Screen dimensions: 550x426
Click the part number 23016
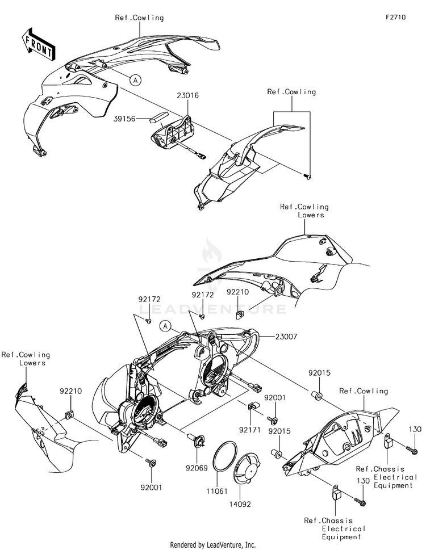[x=188, y=96]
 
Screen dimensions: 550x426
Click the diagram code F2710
[x=395, y=18]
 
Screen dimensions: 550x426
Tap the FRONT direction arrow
[x=38, y=44]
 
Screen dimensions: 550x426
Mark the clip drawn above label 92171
[x=253, y=406]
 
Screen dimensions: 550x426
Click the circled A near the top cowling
[x=135, y=80]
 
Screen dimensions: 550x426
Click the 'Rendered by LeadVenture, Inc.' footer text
[x=213, y=544]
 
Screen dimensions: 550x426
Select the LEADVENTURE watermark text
[x=213, y=309]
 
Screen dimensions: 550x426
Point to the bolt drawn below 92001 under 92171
[x=274, y=421]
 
